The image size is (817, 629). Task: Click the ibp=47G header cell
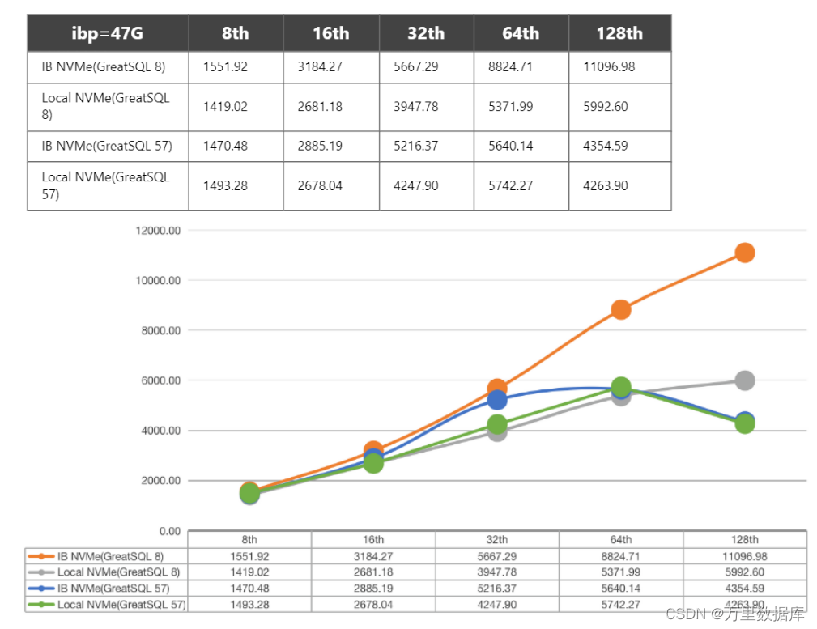(108, 33)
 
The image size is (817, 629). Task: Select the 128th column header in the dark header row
(619, 33)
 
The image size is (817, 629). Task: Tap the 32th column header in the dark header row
(426, 33)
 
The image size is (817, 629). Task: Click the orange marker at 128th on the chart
(744, 253)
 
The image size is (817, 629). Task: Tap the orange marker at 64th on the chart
(621, 309)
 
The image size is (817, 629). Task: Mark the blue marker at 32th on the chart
(497, 400)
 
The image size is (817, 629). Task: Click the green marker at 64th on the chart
(621, 387)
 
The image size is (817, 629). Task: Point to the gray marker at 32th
(497, 431)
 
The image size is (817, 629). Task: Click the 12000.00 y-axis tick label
(159, 231)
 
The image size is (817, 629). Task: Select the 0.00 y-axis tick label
(170, 531)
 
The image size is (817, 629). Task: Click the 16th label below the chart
(373, 540)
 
